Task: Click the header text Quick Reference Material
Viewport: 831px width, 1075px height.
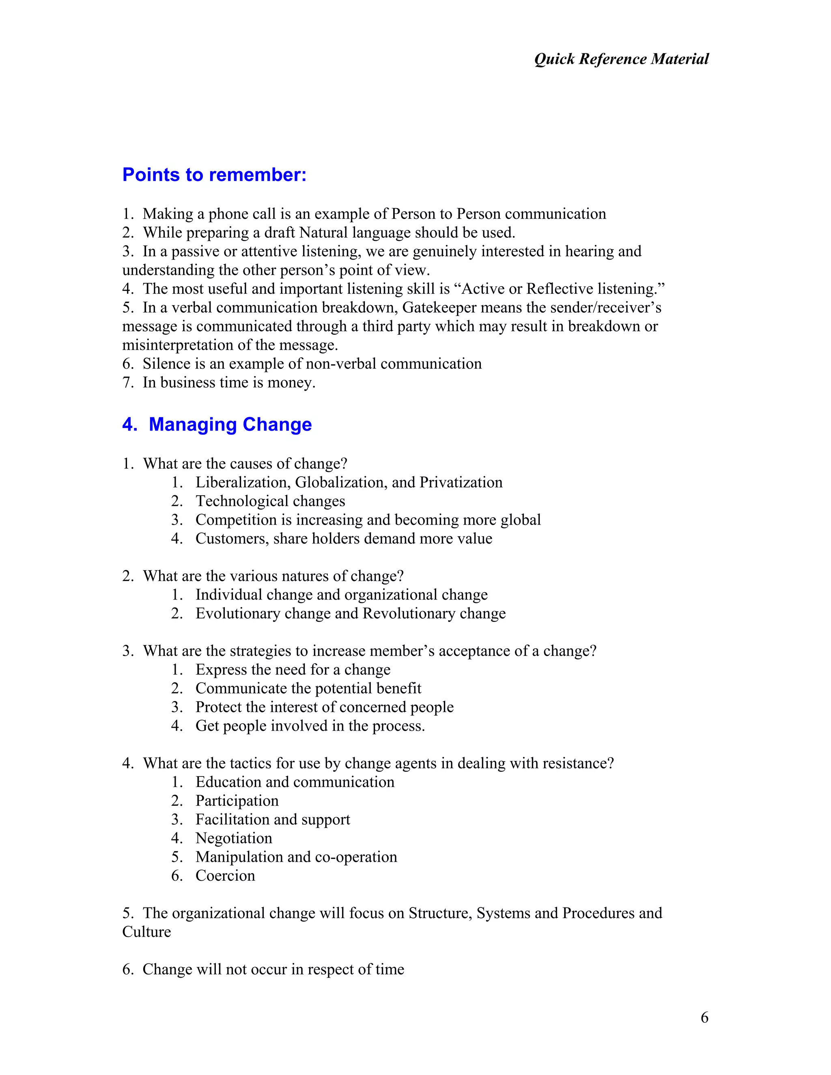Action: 621,59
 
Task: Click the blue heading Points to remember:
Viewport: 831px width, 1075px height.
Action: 214,175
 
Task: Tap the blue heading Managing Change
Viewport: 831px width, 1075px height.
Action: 230,424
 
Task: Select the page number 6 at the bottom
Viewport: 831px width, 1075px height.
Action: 704,1017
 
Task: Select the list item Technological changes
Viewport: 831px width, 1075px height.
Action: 270,501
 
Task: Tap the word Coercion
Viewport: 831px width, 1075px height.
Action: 225,876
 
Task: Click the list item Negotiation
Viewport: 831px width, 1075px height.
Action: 234,838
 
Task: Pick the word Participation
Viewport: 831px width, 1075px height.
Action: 237,801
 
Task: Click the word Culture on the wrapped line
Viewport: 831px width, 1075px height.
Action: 147,932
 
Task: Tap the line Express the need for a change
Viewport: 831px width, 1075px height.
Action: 293,669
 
